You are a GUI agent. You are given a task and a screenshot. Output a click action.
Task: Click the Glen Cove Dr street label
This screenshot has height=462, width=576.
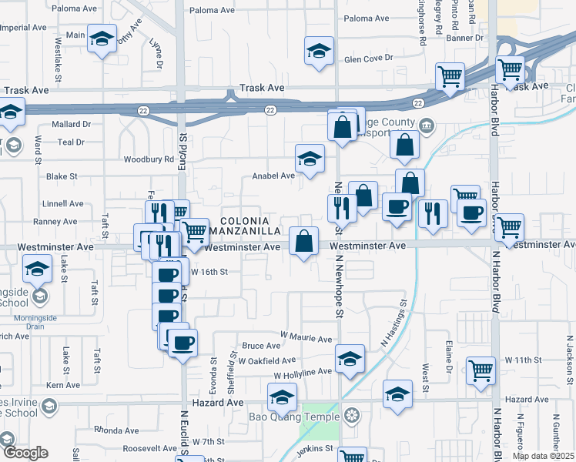coord(369,59)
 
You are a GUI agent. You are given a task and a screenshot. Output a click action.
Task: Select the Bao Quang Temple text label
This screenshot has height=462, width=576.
coord(293,417)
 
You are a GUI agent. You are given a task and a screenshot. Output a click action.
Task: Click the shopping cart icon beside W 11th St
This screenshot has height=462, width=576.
coord(481,370)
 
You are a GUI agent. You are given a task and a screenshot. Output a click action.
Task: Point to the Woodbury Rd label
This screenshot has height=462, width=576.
coord(149,159)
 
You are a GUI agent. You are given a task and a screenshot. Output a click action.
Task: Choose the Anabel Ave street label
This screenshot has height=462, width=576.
coord(273,176)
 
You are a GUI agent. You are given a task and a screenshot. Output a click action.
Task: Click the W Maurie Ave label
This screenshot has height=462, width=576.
coord(306,339)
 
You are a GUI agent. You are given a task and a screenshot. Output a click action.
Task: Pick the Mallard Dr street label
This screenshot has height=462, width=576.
coord(71,123)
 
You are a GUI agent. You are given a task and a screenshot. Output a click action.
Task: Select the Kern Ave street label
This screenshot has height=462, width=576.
coord(63,385)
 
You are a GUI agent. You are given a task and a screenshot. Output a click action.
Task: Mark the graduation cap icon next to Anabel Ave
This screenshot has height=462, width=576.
coord(310,159)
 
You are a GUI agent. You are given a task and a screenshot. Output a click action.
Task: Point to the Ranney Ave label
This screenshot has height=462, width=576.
coord(60,221)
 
